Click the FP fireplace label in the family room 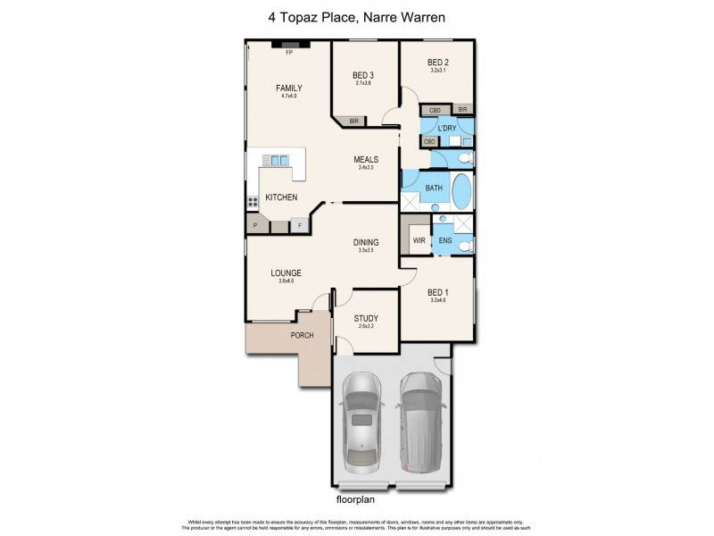[289, 54]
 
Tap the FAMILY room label [288, 88]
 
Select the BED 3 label [362, 74]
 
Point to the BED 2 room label [437, 62]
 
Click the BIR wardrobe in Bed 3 [354, 121]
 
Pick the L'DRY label [446, 129]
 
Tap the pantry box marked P [255, 226]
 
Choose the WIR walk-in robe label [417, 240]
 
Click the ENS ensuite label [444, 240]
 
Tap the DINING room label [366, 242]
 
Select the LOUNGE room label [286, 273]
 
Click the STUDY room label [366, 318]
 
